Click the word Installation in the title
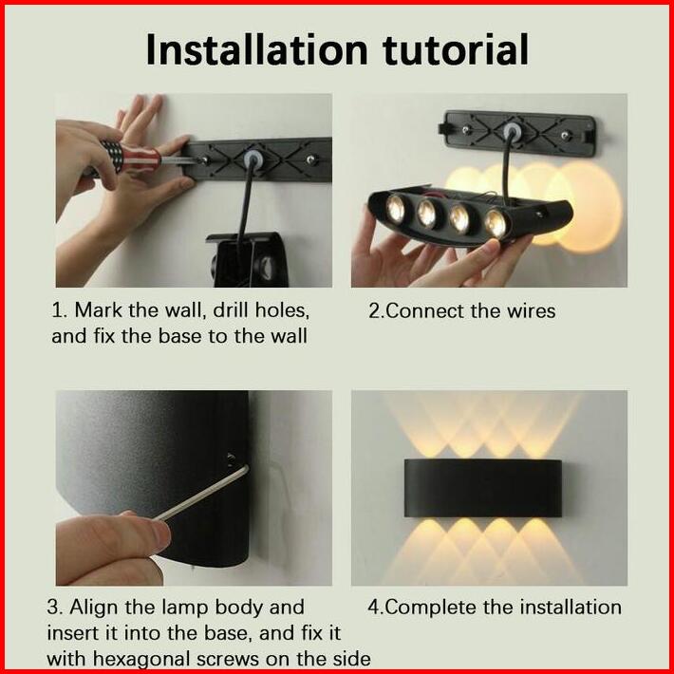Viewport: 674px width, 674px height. click(x=257, y=49)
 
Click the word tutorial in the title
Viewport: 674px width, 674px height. click(x=456, y=49)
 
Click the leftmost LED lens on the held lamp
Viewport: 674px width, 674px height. click(x=395, y=209)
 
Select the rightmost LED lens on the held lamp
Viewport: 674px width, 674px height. click(x=496, y=223)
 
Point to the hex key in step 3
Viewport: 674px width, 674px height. click(x=201, y=493)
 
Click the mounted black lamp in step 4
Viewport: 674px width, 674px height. click(x=483, y=488)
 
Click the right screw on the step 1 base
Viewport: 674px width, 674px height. click(x=311, y=159)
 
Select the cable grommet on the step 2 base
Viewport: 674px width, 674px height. click(x=512, y=130)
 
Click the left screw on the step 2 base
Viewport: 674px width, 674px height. click(x=466, y=129)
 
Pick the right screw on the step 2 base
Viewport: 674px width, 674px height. click(x=565, y=136)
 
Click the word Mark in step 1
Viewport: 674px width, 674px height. click(x=99, y=309)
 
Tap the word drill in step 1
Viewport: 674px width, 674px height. click(x=232, y=309)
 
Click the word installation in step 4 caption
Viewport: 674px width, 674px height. click(x=571, y=608)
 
